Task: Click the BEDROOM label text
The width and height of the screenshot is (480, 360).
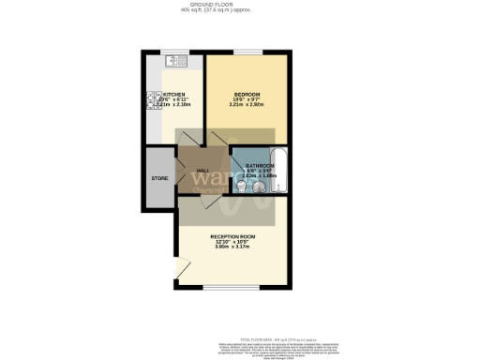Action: pyautogui.click(x=246, y=95)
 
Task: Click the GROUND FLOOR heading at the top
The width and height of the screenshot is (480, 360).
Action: pyautogui.click(x=239, y=6)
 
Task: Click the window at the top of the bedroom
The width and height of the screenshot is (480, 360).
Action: pyautogui.click(x=247, y=52)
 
